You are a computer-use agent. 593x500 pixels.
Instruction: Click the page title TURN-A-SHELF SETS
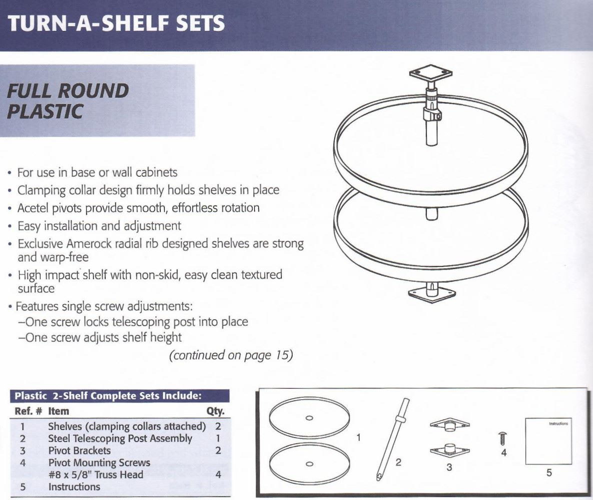coord(116,23)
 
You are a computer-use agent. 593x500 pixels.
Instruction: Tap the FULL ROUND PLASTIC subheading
coord(68,100)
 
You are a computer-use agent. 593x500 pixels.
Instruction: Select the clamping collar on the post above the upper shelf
coord(431,114)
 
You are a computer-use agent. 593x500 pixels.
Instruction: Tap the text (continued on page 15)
coord(231,355)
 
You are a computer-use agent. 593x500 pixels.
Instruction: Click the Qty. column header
coord(215,411)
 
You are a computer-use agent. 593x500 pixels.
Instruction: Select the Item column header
coord(59,411)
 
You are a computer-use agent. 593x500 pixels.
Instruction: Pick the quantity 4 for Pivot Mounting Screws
coord(218,474)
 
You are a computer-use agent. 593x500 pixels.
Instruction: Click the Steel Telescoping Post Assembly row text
coord(120,438)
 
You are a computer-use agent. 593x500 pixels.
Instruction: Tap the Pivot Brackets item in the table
coord(79,450)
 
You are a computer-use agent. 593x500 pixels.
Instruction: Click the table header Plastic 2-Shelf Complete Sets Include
coord(108,396)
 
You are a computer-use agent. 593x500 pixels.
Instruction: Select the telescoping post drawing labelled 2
coord(391,436)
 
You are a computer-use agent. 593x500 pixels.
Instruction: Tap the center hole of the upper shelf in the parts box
coord(309,417)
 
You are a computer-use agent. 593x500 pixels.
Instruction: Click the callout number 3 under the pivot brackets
coord(449,467)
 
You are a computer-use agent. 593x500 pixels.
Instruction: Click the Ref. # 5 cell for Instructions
coord(23,486)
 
